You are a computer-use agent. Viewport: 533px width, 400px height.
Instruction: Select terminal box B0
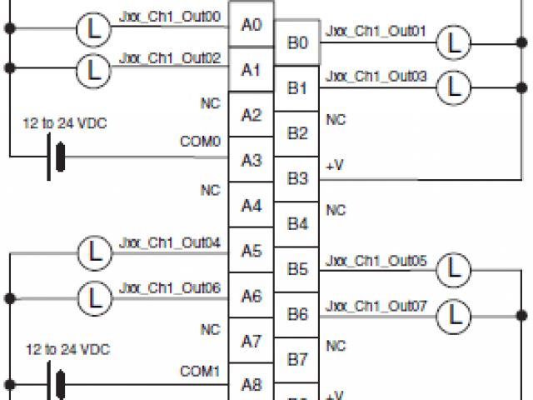pos(296,42)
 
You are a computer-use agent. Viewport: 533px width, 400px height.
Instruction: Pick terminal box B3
pos(296,178)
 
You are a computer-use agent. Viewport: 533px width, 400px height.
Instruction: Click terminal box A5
pos(252,250)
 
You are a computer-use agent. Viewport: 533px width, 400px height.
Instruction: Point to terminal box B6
pos(296,314)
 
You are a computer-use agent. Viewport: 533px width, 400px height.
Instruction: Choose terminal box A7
pos(252,340)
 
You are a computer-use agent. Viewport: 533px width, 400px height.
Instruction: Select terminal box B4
pos(296,223)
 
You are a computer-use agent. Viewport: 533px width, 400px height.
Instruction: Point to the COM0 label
pos(200,142)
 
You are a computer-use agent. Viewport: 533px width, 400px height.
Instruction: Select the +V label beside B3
pos(334,166)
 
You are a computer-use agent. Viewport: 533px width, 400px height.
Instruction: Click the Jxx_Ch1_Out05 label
pos(376,261)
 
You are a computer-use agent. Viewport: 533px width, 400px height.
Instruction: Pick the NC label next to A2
pos(210,103)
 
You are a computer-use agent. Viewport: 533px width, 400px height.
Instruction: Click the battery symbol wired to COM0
pos(57,156)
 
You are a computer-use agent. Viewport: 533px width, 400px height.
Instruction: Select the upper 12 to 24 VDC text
pos(65,123)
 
